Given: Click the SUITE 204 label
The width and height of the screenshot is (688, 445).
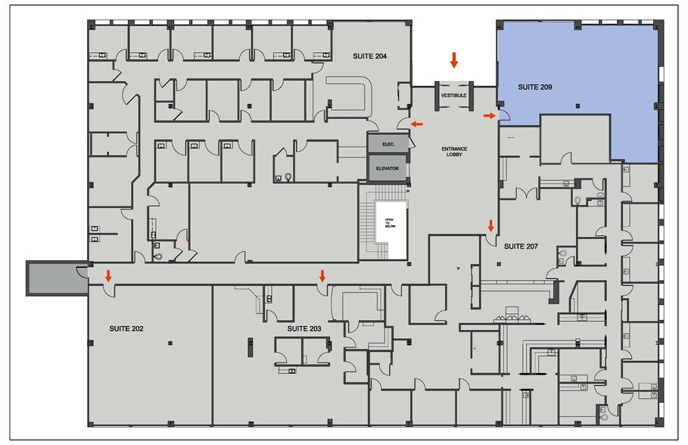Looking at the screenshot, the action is point(369,56).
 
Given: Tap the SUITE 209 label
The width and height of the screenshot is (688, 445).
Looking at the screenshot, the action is point(535,87).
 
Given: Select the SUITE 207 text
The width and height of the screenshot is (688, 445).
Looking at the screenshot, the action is point(521,246).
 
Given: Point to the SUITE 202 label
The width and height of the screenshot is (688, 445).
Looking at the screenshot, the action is point(126,328).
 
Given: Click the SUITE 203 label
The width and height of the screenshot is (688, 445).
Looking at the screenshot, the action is point(304,328).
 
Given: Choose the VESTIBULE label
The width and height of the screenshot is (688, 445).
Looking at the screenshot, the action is point(453,95).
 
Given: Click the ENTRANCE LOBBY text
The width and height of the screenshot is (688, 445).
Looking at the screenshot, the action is point(454,151).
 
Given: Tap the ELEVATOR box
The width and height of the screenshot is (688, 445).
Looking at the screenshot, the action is point(388,168).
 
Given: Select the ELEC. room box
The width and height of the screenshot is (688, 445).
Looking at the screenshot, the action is point(388,144).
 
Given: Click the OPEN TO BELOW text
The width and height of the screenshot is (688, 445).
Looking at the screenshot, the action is point(390,223).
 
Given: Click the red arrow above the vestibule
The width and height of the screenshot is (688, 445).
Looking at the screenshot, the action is point(454,60).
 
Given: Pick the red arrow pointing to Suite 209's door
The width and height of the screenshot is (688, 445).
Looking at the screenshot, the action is point(489,116).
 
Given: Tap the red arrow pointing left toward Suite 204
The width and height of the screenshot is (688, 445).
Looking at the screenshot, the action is point(417,124).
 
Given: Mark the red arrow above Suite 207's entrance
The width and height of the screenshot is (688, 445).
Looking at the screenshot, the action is point(491,226).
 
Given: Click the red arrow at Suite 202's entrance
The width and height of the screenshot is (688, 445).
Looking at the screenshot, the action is point(108,275).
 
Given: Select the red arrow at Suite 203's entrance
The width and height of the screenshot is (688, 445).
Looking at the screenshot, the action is point(322,275).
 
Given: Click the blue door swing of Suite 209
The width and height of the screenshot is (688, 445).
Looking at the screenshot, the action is point(505,115).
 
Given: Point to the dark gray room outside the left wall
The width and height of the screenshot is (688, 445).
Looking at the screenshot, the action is point(57,279).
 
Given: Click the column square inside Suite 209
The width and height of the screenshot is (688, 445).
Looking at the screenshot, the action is point(577,105).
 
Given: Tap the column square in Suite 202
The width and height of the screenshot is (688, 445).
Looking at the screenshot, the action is point(170,343).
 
